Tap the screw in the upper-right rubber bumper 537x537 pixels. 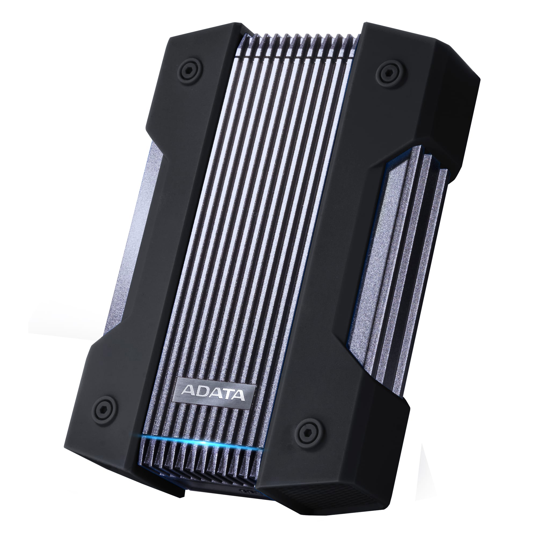point(386,74)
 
